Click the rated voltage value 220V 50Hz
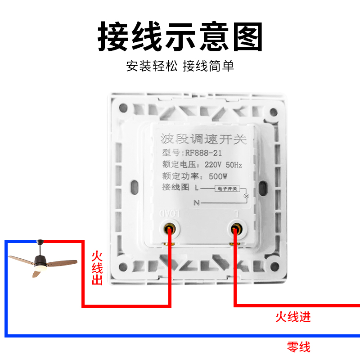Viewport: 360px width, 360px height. tap(223, 165)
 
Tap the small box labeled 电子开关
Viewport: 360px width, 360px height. tap(228, 189)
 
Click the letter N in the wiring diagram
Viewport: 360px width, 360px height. tap(197, 203)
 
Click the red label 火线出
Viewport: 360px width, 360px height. tap(97, 269)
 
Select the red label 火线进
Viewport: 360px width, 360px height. tap(293, 317)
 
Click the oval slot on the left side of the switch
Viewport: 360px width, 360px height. tap(134, 187)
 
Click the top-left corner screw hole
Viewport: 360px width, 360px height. tap(123, 108)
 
